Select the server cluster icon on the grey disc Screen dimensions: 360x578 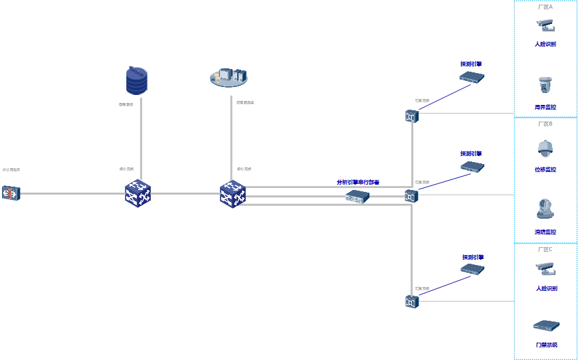(x=231, y=77)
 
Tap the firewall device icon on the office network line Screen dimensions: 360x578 (x=11, y=193)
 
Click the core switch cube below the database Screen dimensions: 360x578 (x=138, y=194)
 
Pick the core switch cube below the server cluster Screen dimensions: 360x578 (x=233, y=194)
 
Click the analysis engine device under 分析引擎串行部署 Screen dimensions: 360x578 (x=357, y=197)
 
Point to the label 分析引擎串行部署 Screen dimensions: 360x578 (x=357, y=182)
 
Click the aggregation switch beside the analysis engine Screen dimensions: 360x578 (x=411, y=196)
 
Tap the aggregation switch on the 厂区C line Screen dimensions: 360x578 (x=411, y=302)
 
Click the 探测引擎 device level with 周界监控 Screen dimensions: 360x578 (x=472, y=77)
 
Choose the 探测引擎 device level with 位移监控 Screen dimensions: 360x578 (x=472, y=166)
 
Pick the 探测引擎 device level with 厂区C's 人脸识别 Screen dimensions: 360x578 (x=472, y=269)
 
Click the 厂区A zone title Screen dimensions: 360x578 (x=545, y=7)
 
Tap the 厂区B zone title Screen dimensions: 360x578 (x=545, y=124)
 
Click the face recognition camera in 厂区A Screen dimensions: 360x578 (x=545, y=26)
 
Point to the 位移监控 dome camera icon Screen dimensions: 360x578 (x=545, y=148)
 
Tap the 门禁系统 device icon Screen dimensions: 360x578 (x=546, y=326)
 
